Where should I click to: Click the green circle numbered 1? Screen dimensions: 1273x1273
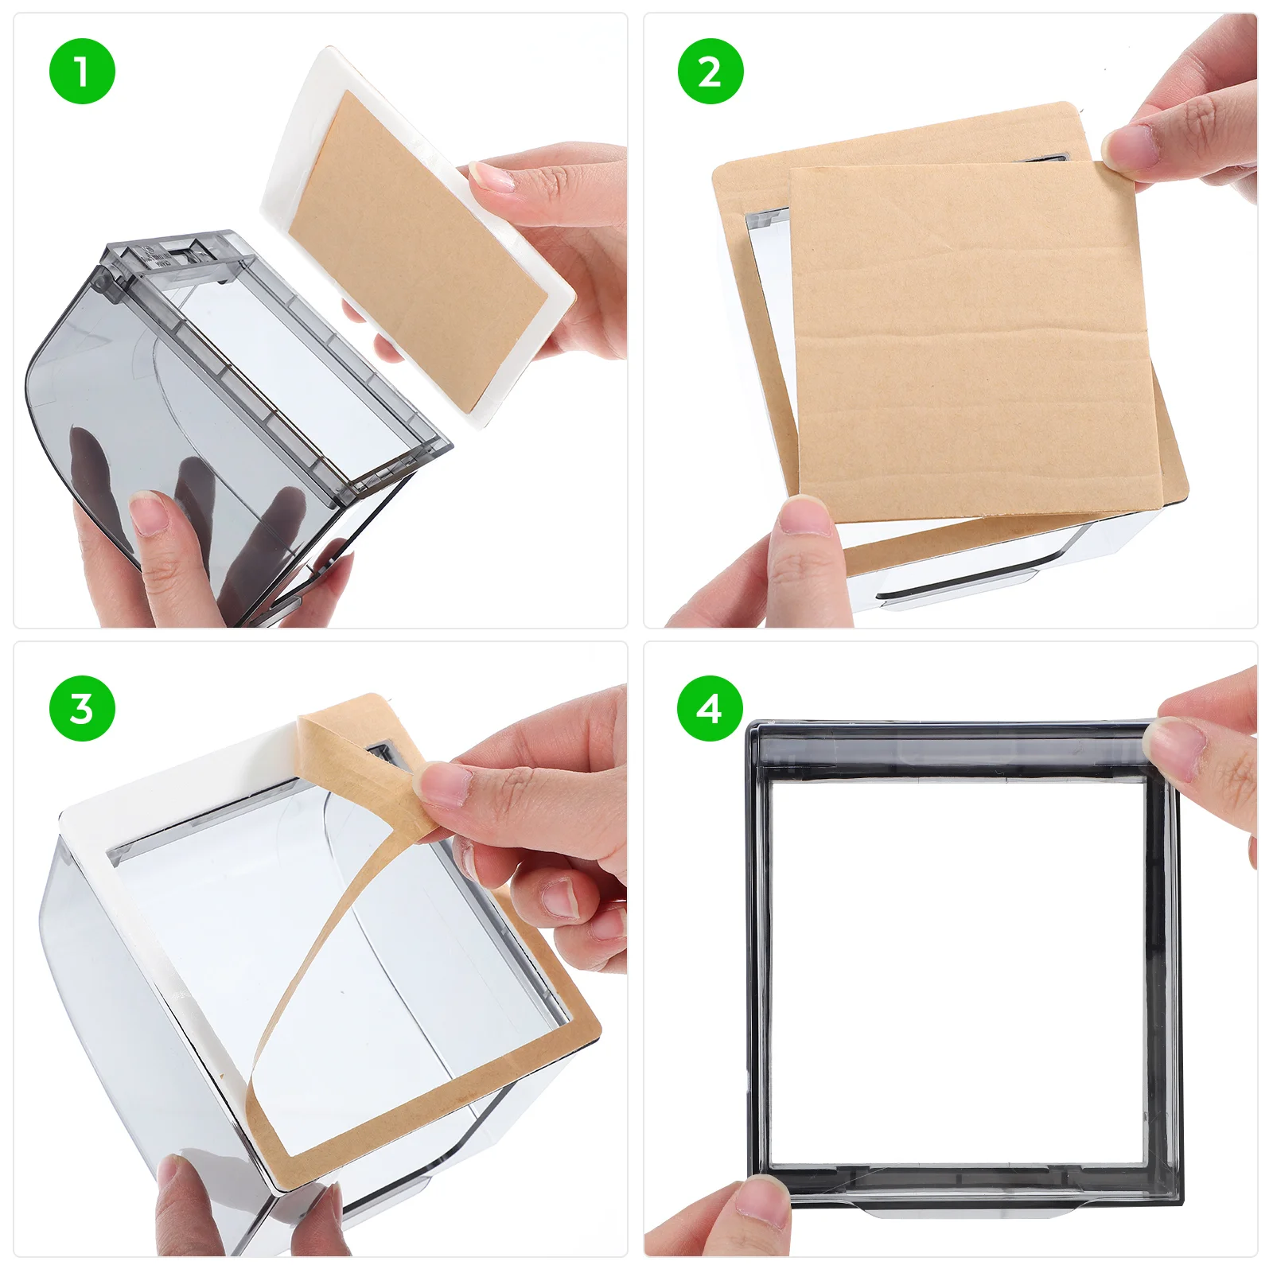[x=82, y=72]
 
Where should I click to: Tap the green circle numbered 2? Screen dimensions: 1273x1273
[x=710, y=72]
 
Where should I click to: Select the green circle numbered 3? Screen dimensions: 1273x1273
[x=82, y=708]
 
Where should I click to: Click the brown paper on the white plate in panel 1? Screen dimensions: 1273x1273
[x=414, y=247]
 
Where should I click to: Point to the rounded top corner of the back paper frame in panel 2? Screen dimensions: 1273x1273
[x=1066, y=107]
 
